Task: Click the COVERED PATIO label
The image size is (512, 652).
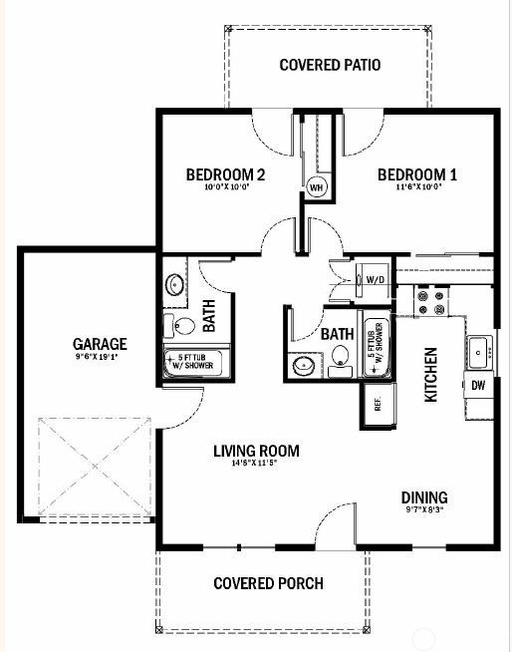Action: click(x=331, y=66)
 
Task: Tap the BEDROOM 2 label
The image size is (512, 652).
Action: click(x=225, y=175)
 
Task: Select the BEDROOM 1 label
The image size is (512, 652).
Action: click(x=416, y=175)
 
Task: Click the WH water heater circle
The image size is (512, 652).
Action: click(x=317, y=186)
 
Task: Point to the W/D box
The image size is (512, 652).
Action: click(x=376, y=279)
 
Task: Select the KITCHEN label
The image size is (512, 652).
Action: click(x=431, y=374)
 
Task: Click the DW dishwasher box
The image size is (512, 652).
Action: click(x=478, y=385)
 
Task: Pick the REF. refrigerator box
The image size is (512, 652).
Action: click(x=378, y=404)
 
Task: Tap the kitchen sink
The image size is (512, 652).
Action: click(x=479, y=351)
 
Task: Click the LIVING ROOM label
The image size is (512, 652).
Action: click(x=256, y=451)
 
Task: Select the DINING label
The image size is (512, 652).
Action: click(x=424, y=497)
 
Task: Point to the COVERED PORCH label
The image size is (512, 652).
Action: click(x=269, y=583)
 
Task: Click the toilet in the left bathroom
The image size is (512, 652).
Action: click(x=184, y=324)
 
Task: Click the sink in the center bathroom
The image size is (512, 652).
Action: click(x=303, y=366)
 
